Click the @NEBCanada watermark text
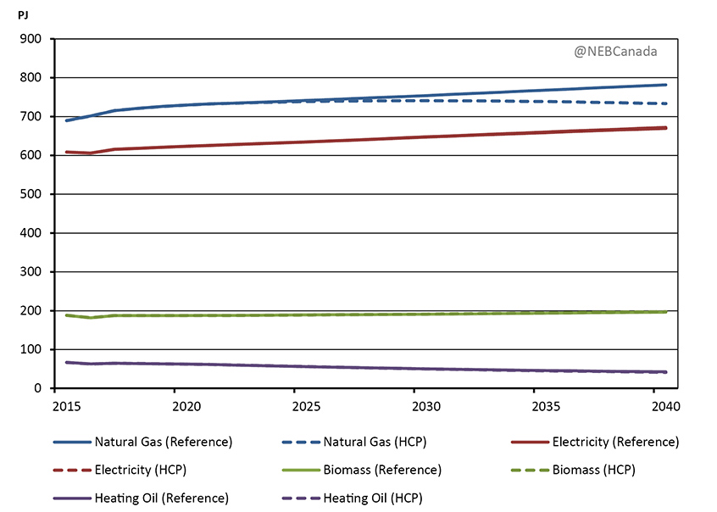pyautogui.click(x=615, y=52)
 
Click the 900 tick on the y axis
pyautogui.click(x=32, y=39)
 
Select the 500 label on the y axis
pyautogui.click(x=32, y=194)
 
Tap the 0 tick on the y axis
pyautogui.click(x=39, y=388)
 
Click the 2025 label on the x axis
pyautogui.click(x=294, y=406)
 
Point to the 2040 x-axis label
pyautogui.click(x=653, y=406)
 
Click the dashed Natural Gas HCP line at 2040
pyautogui.click(x=653, y=103)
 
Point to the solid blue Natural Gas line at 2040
pyautogui.click(x=653, y=86)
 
